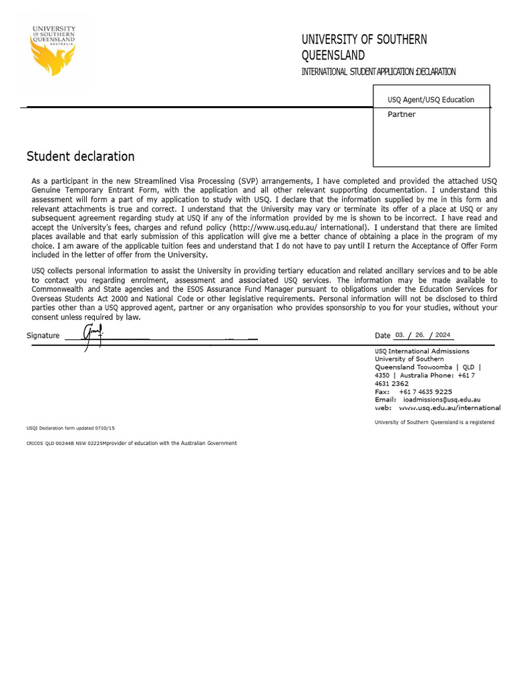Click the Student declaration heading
[x=80, y=156]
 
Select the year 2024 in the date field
[x=443, y=335]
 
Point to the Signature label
[x=43, y=335]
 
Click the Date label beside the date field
[x=383, y=335]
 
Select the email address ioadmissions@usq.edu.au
[x=446, y=399]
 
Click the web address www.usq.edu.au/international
[x=449, y=407]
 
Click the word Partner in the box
[x=401, y=114]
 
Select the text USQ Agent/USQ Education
[x=431, y=100]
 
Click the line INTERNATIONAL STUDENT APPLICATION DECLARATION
[x=379, y=72]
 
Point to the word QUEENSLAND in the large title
[x=333, y=55]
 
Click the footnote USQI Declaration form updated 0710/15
[x=65, y=427]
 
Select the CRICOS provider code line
[x=132, y=443]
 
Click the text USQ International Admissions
[x=422, y=351]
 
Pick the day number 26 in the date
[x=420, y=335]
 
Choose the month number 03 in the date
[x=400, y=335]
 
